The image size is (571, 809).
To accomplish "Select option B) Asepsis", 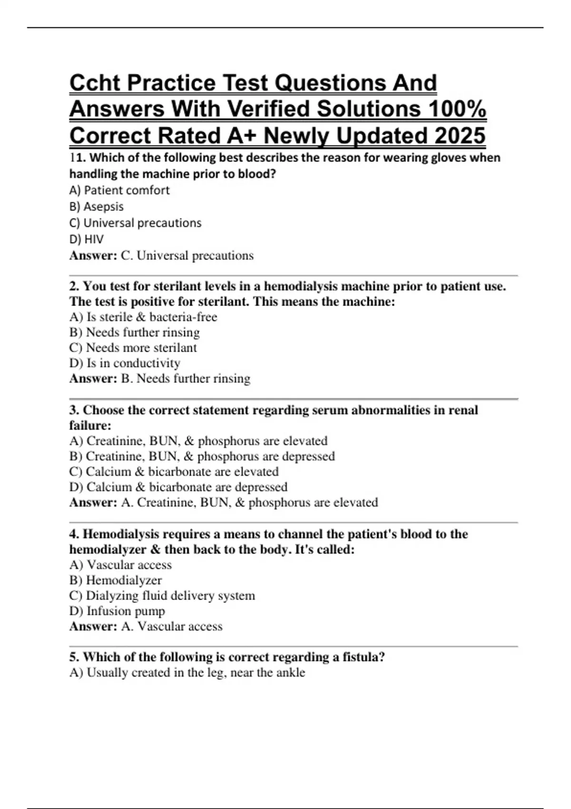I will [x=96, y=207].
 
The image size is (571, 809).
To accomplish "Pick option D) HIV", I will [x=86, y=239].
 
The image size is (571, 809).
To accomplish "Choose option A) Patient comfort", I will [x=119, y=190].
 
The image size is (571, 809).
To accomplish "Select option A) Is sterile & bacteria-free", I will [x=143, y=317].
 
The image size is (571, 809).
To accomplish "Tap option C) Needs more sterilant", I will [x=133, y=348].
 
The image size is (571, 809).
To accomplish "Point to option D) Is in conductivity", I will [x=125, y=363].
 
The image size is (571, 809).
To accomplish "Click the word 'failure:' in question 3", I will [x=90, y=425].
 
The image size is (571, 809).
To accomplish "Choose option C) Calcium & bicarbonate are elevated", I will [x=174, y=472].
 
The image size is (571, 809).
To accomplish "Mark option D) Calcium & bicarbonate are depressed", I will [x=178, y=487].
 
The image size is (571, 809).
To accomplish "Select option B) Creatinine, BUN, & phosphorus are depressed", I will [x=202, y=456].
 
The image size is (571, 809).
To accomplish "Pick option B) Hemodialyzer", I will [x=115, y=580].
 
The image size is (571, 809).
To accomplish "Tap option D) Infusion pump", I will [x=117, y=611].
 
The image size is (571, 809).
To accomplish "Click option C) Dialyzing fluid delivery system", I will [x=162, y=596].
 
